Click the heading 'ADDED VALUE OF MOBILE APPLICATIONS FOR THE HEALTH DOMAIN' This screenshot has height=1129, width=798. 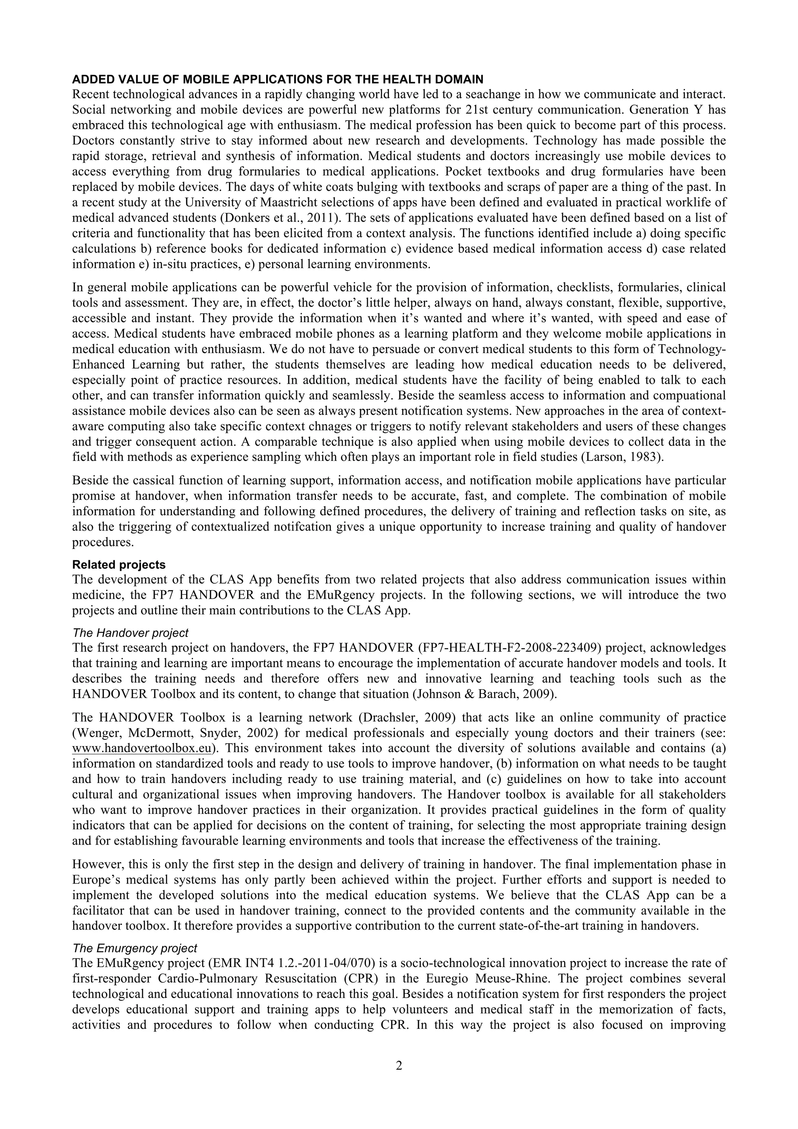pos(277,79)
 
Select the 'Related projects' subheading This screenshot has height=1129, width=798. pos(118,564)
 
